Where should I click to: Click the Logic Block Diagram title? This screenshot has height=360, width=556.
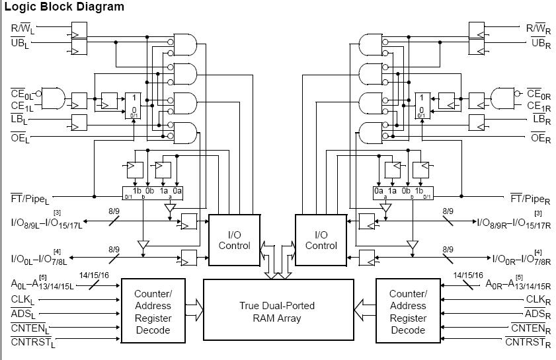point(64,7)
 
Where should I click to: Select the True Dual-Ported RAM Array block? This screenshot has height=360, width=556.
point(277,312)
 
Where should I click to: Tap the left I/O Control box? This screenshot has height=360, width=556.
point(234,240)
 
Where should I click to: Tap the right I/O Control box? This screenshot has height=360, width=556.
point(321,240)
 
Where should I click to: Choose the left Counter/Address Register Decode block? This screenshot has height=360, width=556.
point(153,311)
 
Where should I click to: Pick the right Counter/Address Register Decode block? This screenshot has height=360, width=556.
point(408,311)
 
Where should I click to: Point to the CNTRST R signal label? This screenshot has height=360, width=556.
point(529,342)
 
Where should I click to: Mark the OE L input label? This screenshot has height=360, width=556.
point(19,137)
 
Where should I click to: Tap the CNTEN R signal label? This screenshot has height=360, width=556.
point(532,329)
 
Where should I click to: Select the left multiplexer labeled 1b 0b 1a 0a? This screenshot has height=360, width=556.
point(153,192)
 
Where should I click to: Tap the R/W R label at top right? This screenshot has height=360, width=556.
point(538,29)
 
